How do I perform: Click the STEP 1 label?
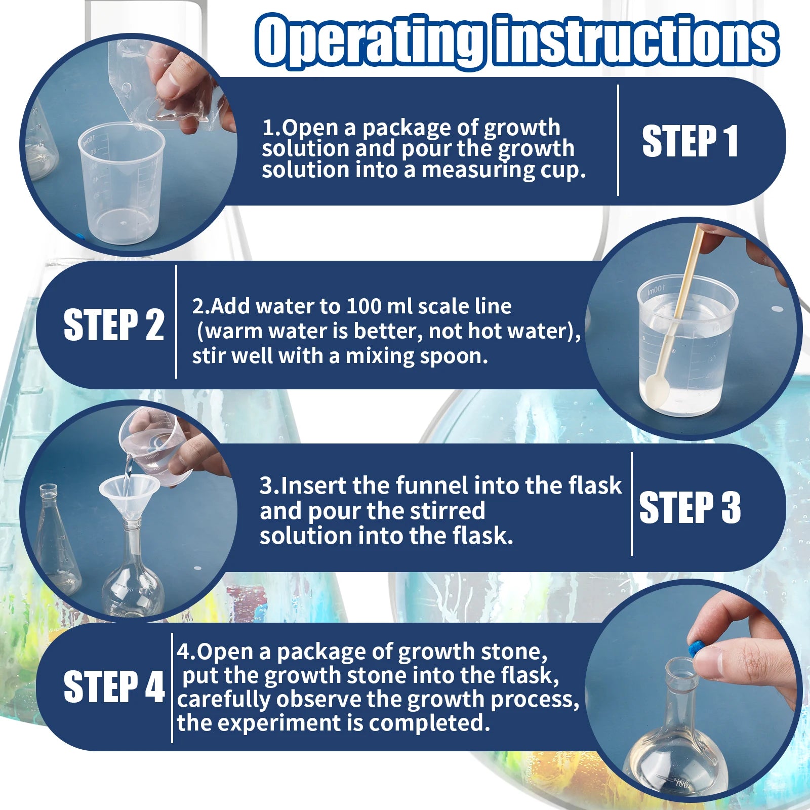tap(690, 142)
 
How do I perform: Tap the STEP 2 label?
tap(114, 325)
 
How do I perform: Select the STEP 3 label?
tap(690, 507)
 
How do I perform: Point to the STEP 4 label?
tap(114, 687)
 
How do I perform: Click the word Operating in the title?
tap(369, 40)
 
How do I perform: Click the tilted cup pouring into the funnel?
tap(154, 445)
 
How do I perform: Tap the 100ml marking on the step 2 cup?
tap(656, 290)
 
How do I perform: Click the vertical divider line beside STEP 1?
tap(618, 140)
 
